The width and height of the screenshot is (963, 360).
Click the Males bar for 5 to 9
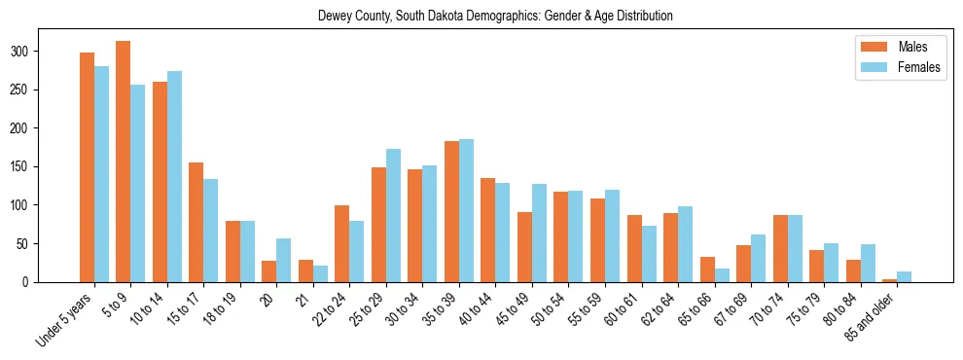[124, 162]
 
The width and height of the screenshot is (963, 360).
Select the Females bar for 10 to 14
[174, 176]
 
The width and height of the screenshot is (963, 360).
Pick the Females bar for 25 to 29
[393, 215]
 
